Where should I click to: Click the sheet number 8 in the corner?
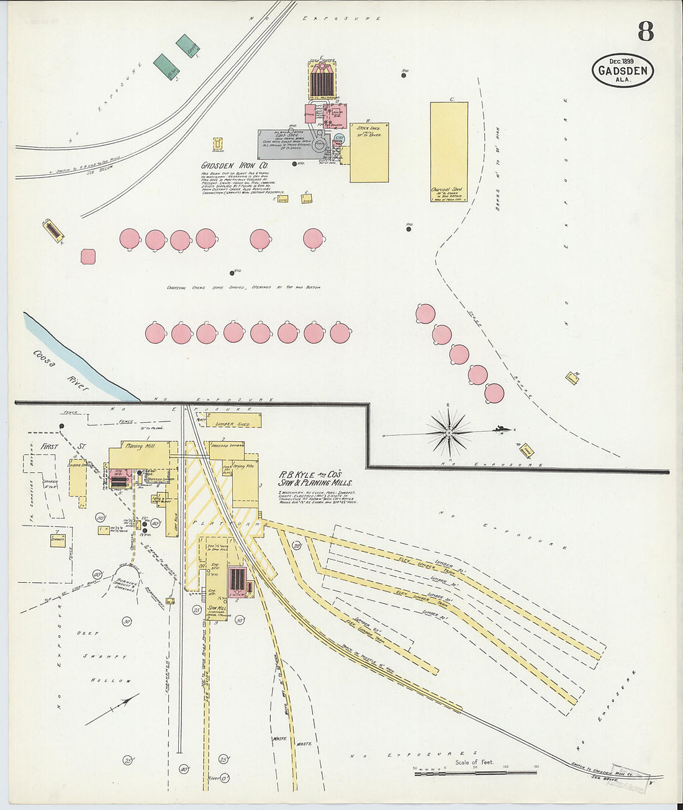click(x=645, y=31)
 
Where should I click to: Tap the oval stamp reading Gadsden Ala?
click(x=622, y=70)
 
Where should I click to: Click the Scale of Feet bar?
click(x=476, y=773)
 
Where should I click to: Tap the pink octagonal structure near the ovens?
click(x=88, y=256)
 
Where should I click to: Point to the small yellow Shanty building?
click(x=59, y=539)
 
